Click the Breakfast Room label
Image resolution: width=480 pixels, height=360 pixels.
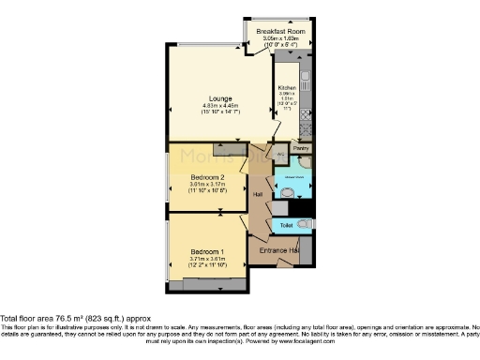(x=285, y=30)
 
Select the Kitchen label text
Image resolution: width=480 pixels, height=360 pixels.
(x=287, y=87)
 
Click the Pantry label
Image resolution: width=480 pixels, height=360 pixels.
(x=301, y=148)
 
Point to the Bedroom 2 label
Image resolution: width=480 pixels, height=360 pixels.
(x=207, y=176)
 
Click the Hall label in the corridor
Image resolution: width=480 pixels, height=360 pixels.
(x=258, y=194)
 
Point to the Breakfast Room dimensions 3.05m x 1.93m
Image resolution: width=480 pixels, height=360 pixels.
(x=285, y=38)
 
